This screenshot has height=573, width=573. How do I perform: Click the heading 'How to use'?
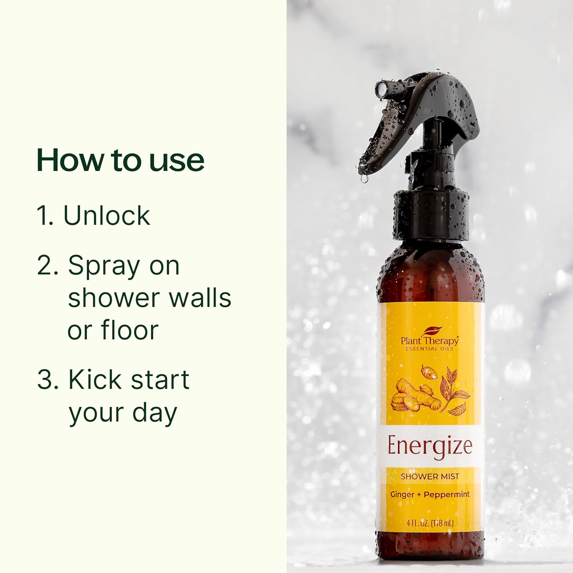click(120, 160)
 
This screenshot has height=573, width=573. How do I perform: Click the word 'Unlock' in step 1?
click(107, 215)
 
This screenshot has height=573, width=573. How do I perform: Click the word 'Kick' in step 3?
click(89, 380)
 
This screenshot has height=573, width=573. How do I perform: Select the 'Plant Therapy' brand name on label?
click(429, 341)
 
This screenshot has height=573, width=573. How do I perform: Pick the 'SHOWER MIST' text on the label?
click(430, 476)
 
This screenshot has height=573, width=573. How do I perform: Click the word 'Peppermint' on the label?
click(447, 495)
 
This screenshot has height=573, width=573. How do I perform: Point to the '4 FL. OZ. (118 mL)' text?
click(430, 523)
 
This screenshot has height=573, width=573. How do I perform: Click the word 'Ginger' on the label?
click(402, 495)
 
